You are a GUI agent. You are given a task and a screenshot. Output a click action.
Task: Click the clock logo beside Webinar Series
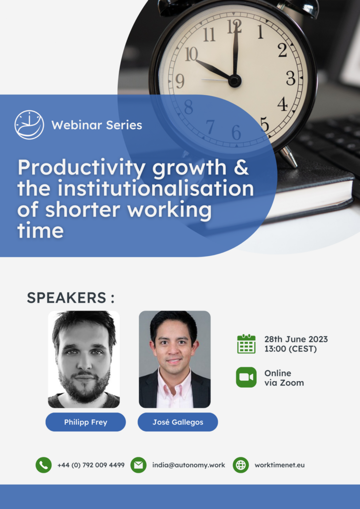29,125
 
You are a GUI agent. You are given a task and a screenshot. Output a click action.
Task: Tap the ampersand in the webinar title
241,167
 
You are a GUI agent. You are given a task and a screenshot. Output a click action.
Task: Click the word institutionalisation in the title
156,188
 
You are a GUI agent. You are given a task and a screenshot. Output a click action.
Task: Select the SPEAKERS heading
71,298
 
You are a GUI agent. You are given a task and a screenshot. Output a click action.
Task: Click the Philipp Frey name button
86,422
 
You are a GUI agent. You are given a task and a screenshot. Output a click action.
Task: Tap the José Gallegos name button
178,422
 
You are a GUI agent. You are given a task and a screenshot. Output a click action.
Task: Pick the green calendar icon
247,344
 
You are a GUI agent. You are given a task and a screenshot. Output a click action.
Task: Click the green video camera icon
247,377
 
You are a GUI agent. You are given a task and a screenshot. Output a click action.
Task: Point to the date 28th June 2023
296,339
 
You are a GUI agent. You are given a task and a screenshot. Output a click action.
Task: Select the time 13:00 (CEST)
290,349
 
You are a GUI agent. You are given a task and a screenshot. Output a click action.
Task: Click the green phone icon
43,465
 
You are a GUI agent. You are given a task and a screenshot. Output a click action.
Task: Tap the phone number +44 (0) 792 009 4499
91,465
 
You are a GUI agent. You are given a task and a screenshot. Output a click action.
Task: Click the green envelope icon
138,465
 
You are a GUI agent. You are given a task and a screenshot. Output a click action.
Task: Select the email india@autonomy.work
188,465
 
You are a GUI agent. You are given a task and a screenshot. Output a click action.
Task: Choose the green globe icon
241,465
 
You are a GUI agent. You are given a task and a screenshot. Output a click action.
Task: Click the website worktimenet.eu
279,465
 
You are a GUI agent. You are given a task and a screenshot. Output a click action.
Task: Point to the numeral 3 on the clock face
290,78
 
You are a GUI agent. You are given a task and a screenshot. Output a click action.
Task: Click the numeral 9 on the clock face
180,81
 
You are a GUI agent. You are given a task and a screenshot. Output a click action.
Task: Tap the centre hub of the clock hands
234,81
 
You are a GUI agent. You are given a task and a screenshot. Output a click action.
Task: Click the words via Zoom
284,383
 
